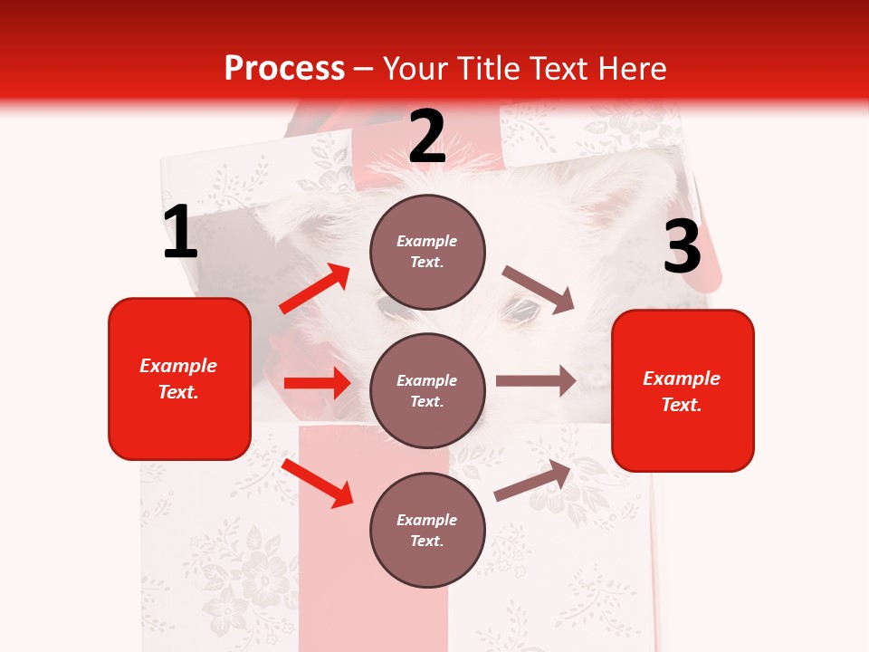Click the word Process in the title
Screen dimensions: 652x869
click(284, 69)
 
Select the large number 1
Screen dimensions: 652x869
click(180, 233)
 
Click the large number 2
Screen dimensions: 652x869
click(427, 137)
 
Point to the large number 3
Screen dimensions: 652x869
click(682, 247)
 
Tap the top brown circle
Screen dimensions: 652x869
click(427, 252)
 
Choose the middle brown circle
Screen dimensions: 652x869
click(427, 391)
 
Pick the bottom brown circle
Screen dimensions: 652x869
click(427, 531)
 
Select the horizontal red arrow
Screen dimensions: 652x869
click(317, 383)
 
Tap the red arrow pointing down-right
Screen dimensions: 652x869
click(317, 483)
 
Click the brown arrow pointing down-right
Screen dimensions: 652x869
click(539, 290)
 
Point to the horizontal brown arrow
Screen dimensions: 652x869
click(536, 381)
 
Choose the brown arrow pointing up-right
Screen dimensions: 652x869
click(532, 481)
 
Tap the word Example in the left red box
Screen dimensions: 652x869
click(178, 366)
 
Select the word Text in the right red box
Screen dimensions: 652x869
click(681, 405)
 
